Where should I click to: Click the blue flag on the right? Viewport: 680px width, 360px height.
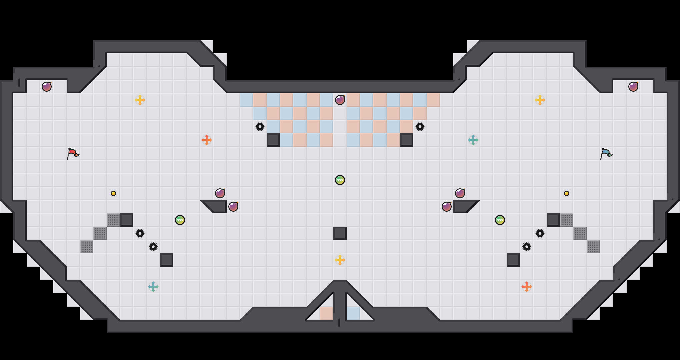click(606, 153)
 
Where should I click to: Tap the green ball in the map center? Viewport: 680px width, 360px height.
click(340, 180)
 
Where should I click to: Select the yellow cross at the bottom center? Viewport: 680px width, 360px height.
click(340, 260)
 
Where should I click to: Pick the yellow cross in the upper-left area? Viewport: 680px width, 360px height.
click(140, 100)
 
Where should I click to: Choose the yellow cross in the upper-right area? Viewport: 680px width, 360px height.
click(540, 100)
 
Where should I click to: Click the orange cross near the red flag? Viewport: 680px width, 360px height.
click(207, 140)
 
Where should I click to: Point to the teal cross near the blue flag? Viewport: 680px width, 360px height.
click(473, 140)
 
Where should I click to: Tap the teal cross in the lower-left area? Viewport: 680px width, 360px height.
click(153, 287)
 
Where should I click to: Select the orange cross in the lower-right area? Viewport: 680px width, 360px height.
click(527, 287)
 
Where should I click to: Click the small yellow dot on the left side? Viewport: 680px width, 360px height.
click(113, 193)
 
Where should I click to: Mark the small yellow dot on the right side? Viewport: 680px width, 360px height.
click(567, 193)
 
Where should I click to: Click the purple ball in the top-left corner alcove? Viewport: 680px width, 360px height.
click(47, 87)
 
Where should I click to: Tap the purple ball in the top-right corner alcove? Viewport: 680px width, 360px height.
click(633, 87)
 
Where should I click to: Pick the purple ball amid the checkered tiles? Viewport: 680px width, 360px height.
click(340, 100)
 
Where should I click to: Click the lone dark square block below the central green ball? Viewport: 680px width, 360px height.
click(340, 233)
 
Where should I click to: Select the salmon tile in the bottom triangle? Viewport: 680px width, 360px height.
click(327, 313)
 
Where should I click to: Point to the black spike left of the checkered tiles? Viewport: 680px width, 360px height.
click(260, 127)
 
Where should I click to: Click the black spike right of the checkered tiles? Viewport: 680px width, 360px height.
click(420, 127)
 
